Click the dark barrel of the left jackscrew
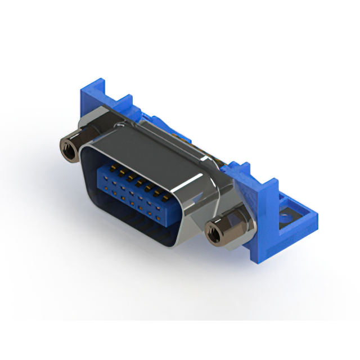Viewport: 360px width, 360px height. (x=72, y=146)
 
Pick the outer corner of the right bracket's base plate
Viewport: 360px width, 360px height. (x=314, y=217)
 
